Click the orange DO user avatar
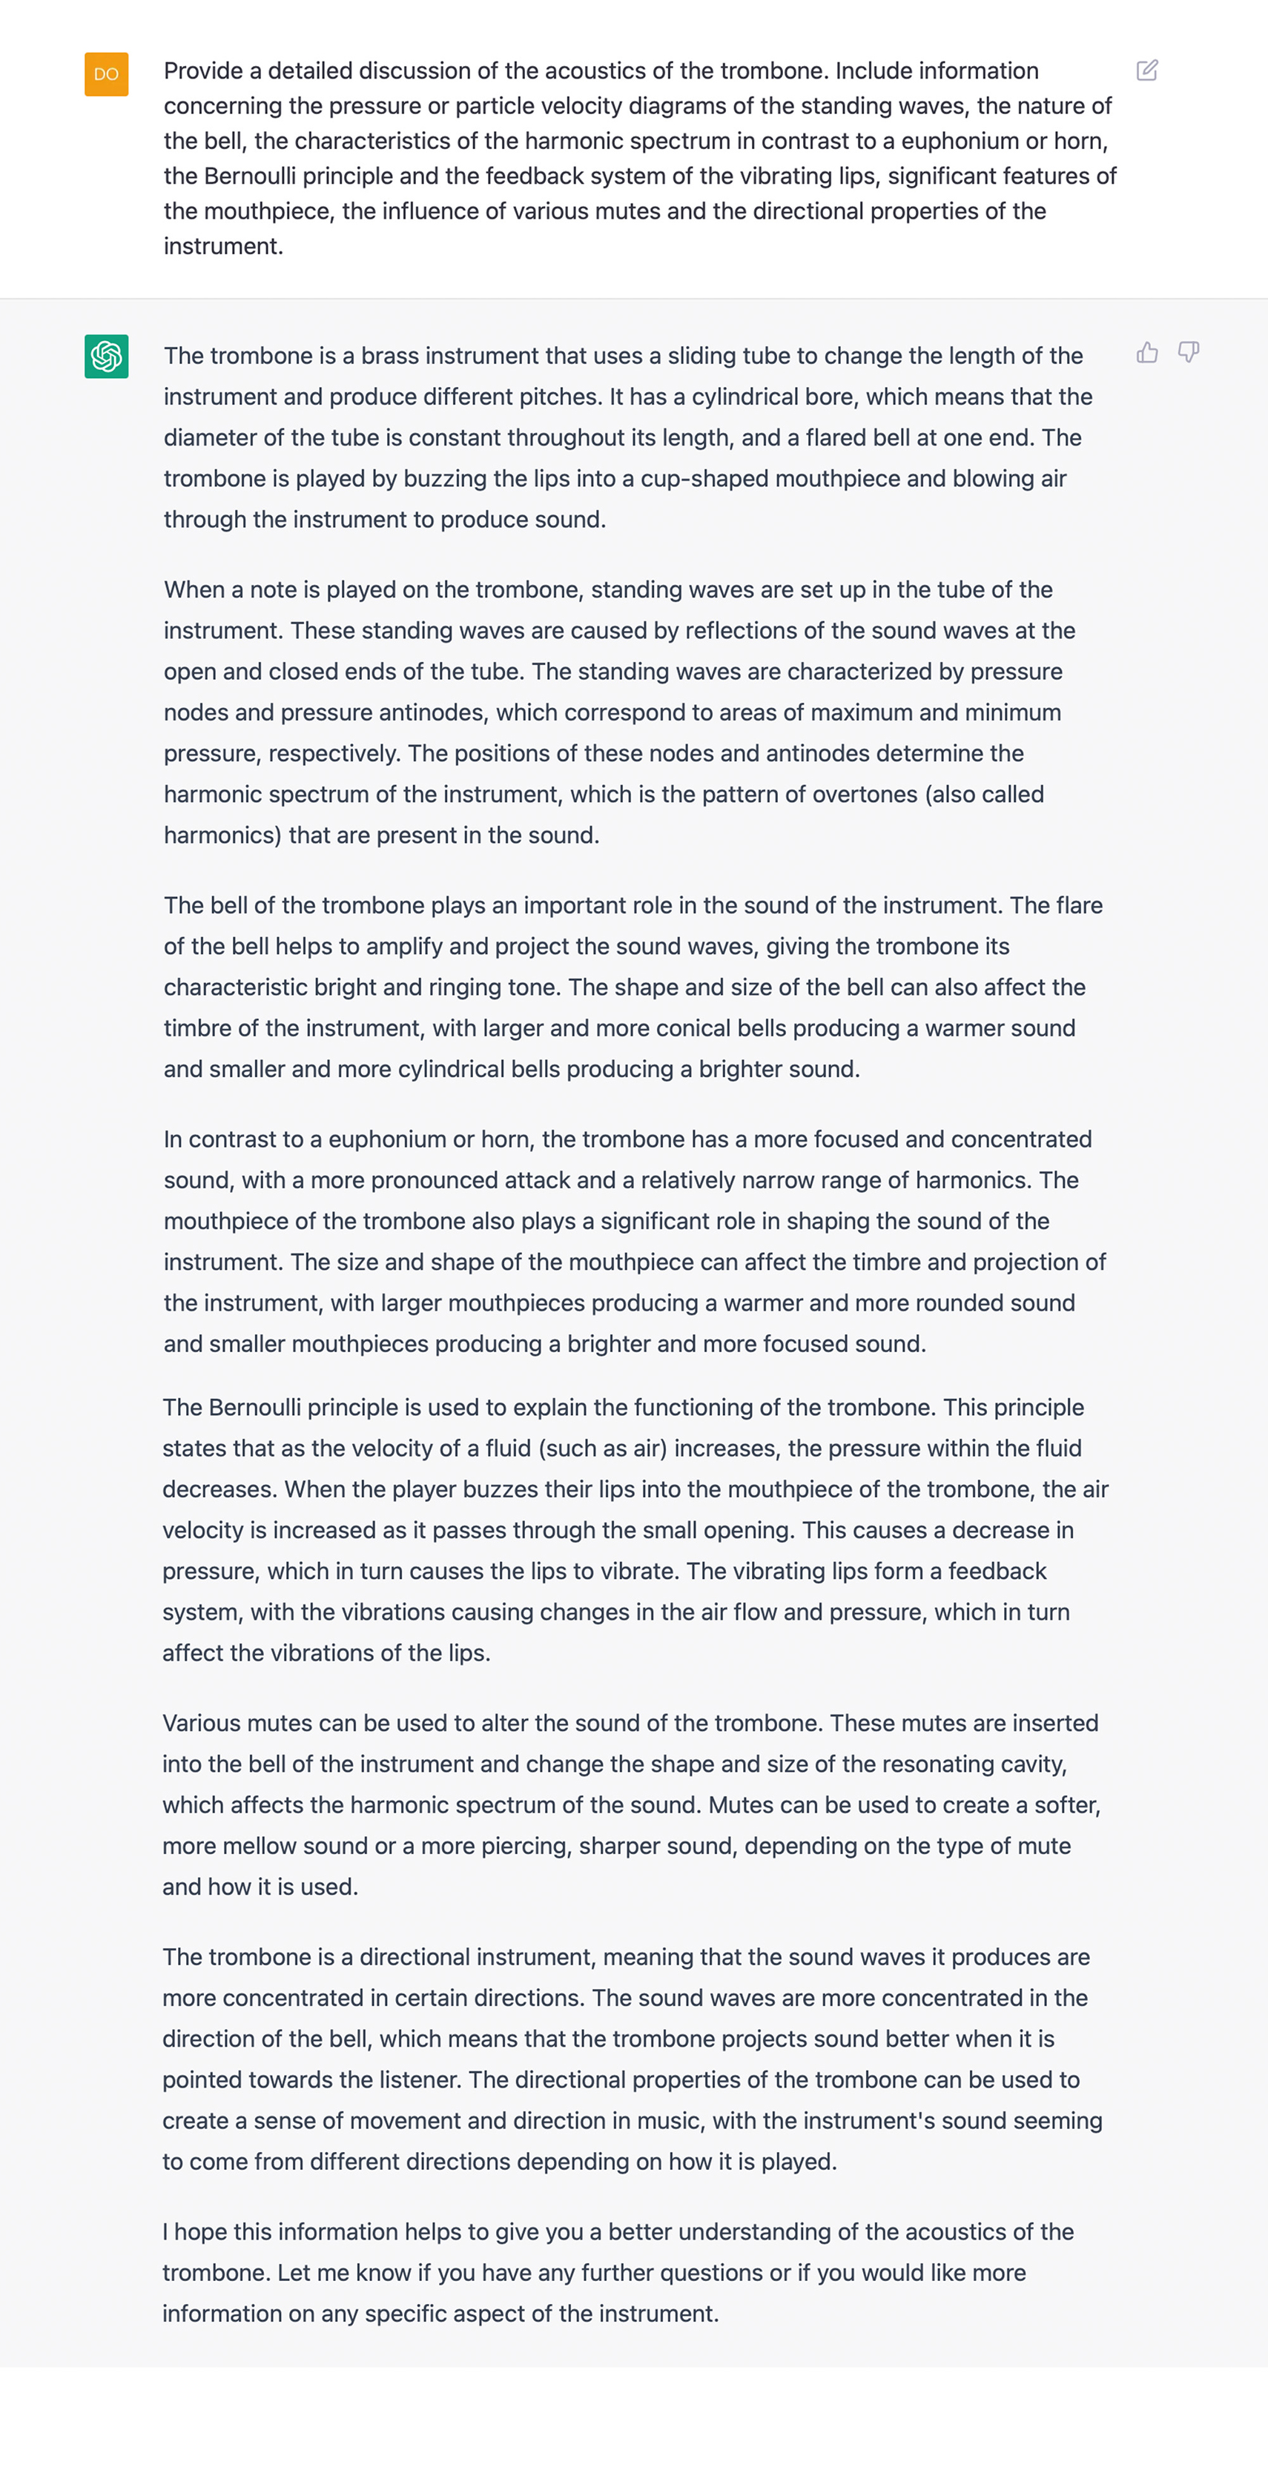click(x=106, y=74)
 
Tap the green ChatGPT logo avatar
click(x=106, y=357)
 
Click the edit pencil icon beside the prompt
click(x=1147, y=70)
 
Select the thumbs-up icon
click(x=1147, y=353)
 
